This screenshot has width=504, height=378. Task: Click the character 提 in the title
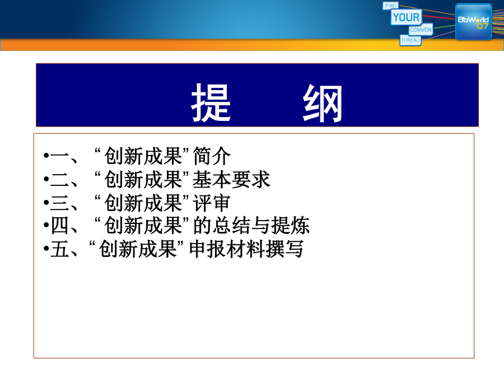[211, 102]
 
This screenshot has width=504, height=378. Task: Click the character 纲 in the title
[323, 103]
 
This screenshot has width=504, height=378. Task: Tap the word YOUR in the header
[407, 17]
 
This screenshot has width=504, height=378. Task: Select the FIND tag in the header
[390, 6]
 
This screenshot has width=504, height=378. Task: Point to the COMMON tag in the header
[421, 30]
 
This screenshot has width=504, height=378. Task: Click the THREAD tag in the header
[410, 40]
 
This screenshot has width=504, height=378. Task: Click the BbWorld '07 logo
[473, 22]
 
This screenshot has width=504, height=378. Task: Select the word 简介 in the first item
[212, 156]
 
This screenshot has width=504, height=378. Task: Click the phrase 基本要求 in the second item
[231, 179]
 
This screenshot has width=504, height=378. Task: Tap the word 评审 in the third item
[212, 203]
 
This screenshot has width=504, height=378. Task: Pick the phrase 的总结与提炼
[251, 225]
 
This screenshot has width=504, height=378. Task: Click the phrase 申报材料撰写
[246, 249]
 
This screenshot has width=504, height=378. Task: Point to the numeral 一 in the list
[60, 157]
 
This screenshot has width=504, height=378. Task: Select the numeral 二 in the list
[60, 180]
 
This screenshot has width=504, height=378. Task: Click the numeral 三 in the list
[60, 203]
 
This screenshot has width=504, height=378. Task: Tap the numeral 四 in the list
[60, 226]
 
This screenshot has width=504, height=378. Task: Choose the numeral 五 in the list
[60, 249]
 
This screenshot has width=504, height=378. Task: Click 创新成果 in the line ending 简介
[143, 156]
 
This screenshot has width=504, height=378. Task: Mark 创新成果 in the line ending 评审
[143, 203]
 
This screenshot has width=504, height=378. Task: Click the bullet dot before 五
[46, 249]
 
